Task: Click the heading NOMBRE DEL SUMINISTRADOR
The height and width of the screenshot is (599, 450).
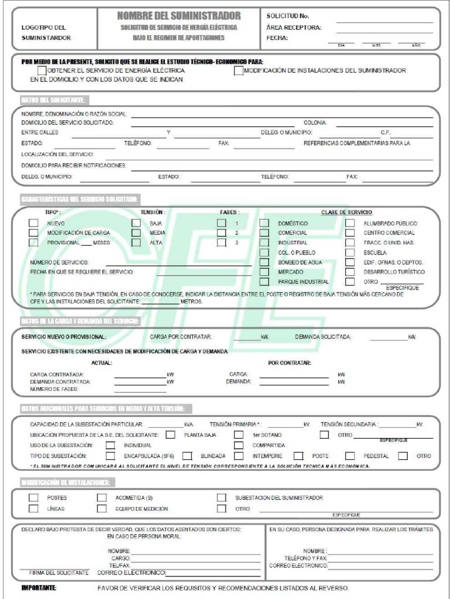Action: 179,15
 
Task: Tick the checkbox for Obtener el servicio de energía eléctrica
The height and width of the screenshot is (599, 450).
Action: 34,71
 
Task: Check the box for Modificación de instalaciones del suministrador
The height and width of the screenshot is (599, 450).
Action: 238,71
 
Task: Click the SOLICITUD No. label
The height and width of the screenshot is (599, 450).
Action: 288,16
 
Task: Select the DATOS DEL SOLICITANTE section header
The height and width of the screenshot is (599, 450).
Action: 54,99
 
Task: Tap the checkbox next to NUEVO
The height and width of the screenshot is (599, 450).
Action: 34,223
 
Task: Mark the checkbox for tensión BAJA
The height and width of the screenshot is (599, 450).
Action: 136,223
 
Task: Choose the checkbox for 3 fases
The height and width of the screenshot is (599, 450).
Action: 221,242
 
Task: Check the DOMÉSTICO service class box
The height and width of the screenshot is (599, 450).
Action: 264,223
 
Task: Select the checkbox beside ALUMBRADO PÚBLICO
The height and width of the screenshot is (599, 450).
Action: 350,223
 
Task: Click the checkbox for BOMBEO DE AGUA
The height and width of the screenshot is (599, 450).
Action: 264,262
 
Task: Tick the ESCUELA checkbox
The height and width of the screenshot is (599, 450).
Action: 350,252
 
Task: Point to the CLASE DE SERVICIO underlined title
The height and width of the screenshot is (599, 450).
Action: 346,212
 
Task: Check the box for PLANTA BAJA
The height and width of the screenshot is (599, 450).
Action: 171,435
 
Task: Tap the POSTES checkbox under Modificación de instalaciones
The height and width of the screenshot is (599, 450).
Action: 34,497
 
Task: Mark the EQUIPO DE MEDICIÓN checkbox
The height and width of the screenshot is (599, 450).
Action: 102,508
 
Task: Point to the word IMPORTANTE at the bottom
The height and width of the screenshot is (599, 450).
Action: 39,587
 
